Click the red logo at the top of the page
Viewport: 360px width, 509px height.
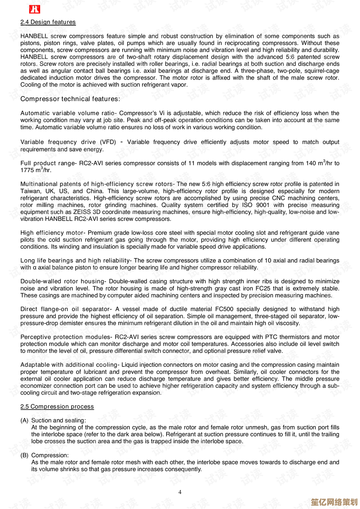[x=34, y=9]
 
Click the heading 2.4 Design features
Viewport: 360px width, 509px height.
[x=48, y=22]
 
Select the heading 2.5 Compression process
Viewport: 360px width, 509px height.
[x=57, y=407]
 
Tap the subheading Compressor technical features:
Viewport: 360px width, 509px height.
[x=70, y=99]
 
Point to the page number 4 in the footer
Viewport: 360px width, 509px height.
[x=180, y=492]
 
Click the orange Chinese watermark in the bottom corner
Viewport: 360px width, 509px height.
[x=334, y=502]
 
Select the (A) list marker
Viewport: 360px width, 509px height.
[x=24, y=420]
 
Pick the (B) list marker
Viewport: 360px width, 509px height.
[x=24, y=455]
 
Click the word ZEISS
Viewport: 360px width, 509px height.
[x=82, y=212]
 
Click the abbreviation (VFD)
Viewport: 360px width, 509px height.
[x=108, y=142]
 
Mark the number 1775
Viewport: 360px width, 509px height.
[x=27, y=170]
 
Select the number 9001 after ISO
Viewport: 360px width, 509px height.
[x=262, y=205]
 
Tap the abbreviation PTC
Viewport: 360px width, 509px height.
[x=271, y=337]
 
